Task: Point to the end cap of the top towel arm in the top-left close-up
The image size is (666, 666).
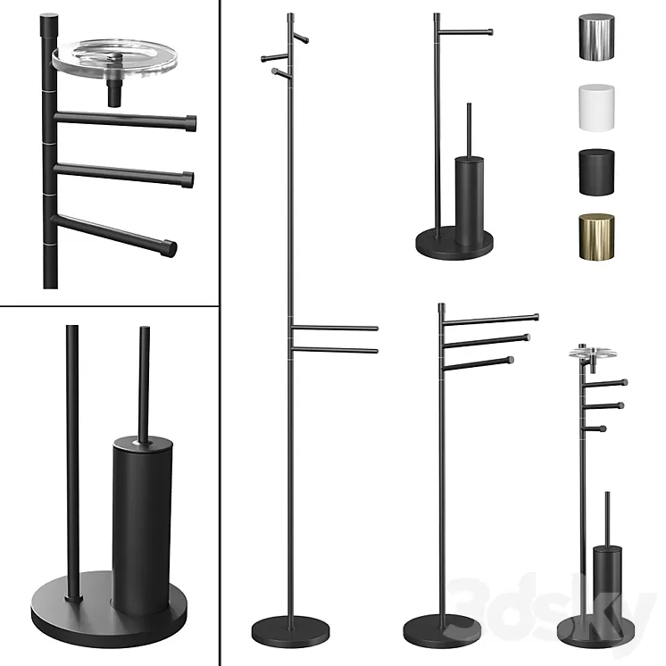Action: [x=190, y=121]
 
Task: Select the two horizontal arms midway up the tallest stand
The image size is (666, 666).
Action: [x=335, y=338]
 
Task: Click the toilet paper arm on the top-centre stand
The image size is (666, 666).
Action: [x=464, y=33]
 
